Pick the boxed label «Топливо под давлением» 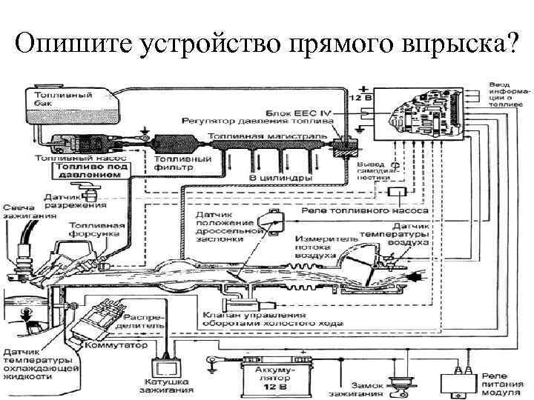92,172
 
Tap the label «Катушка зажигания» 170,386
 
